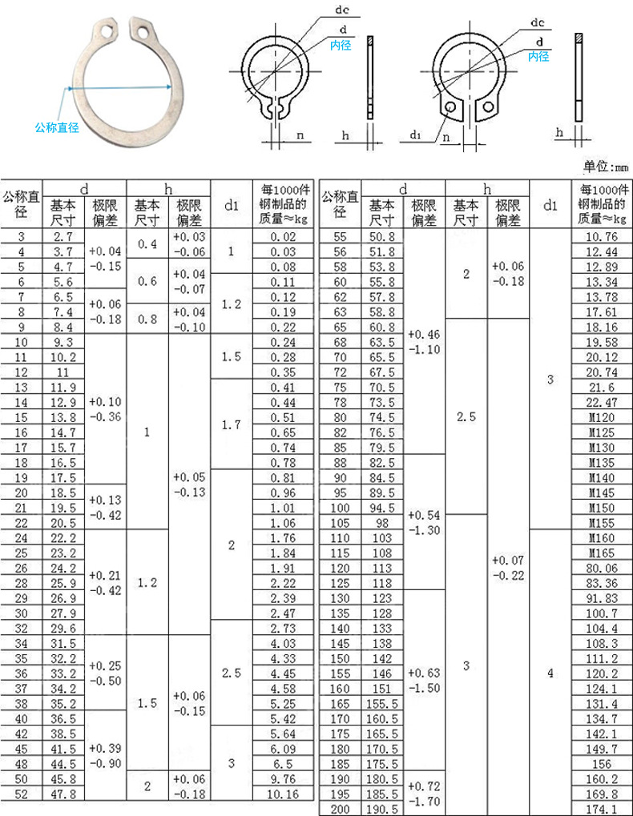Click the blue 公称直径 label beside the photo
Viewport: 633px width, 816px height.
tap(56, 127)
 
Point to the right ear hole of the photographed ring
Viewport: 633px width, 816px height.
tap(144, 33)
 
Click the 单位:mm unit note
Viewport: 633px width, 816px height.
tap(607, 167)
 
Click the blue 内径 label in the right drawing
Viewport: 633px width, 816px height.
tap(538, 56)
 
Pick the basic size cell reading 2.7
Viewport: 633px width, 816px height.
tap(63, 236)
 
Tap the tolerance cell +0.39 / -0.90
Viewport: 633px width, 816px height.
tap(106, 755)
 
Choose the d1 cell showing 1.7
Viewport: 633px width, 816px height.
tap(231, 425)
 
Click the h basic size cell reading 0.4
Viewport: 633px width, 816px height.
tap(147, 243)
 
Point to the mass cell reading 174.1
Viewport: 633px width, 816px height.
tap(601, 809)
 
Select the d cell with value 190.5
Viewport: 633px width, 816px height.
tap(382, 809)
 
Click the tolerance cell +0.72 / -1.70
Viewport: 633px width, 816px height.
tap(424, 794)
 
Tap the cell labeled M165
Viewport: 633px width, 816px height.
tap(601, 553)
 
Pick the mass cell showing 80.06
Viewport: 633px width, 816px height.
tap(601, 568)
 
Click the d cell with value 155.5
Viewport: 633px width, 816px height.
tap(382, 704)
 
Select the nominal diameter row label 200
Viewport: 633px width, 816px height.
tap(340, 809)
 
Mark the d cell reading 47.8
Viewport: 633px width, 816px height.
tap(63, 794)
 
